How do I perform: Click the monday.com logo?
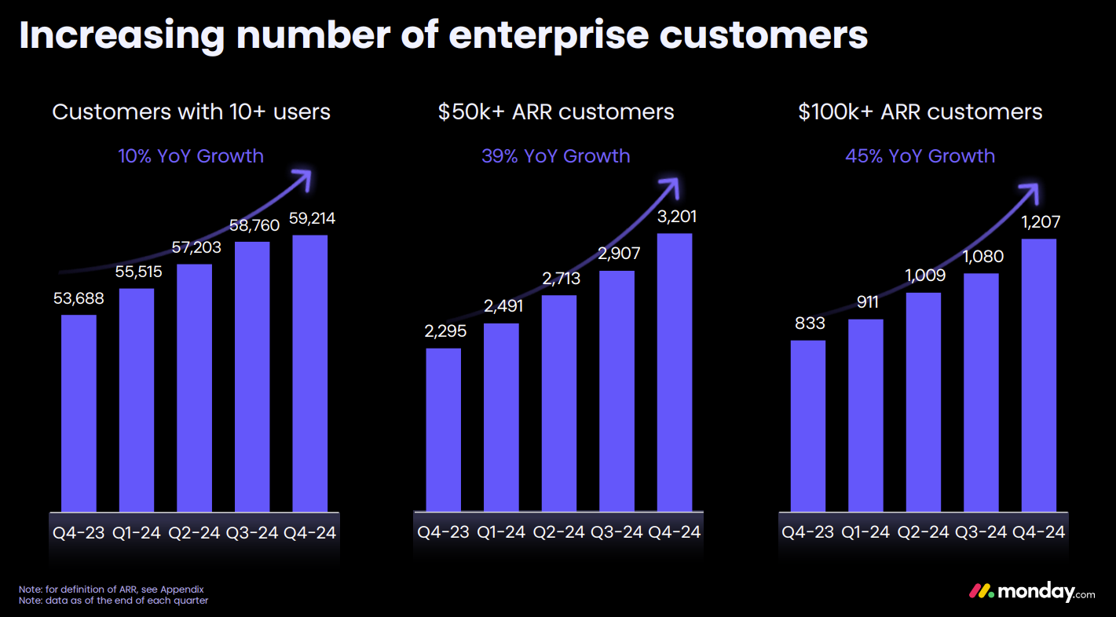pyautogui.click(x=1030, y=592)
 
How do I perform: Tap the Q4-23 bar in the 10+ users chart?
pyautogui.click(x=79, y=413)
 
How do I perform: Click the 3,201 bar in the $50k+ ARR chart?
pyautogui.click(x=675, y=372)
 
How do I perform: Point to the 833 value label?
pyautogui.click(x=808, y=323)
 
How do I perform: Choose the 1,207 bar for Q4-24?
pyautogui.click(x=1039, y=374)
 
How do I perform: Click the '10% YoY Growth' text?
pyautogui.click(x=191, y=156)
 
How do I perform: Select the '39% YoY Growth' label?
pyautogui.click(x=555, y=156)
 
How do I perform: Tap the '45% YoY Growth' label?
pyautogui.click(x=920, y=156)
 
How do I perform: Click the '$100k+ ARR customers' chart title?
pyautogui.click(x=920, y=112)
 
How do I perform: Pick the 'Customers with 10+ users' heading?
pyautogui.click(x=191, y=112)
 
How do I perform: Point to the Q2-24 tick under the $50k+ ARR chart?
pyautogui.click(x=559, y=532)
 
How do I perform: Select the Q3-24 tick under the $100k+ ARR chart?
pyautogui.click(x=981, y=532)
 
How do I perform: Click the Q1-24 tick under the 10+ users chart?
pyautogui.click(x=137, y=533)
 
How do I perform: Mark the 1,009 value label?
pyautogui.click(x=924, y=276)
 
